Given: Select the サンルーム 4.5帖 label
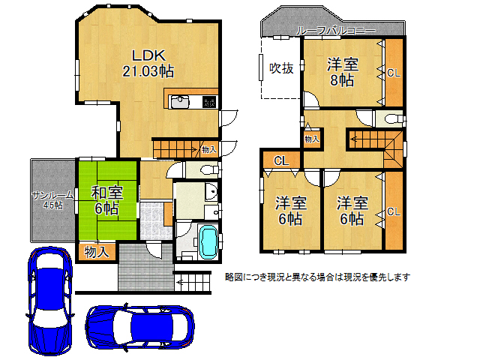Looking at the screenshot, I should [53, 199].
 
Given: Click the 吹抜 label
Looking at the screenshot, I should [280, 68].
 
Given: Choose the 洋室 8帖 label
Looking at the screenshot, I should [342, 72].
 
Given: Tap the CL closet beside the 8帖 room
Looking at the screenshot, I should [393, 72].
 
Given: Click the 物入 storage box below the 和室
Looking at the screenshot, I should [95, 251].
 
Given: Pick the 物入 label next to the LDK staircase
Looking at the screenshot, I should [209, 150].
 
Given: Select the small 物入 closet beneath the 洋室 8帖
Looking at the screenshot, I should [311, 139].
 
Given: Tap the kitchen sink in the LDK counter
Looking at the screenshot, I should [181, 103].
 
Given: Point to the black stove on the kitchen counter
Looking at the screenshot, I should [209, 103].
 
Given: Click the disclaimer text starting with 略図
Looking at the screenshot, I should [318, 277].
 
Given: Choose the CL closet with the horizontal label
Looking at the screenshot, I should [281, 160].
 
